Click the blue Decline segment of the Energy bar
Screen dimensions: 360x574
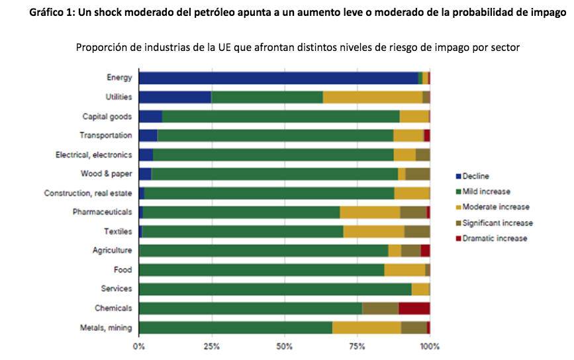278,78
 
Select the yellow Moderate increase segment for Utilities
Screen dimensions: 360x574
372,97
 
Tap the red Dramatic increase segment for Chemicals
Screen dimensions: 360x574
414,308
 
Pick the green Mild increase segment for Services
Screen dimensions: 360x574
275,289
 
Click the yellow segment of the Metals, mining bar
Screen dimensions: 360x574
366,327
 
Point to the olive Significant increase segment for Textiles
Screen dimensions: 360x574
416,232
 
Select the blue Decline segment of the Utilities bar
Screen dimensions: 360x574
175,97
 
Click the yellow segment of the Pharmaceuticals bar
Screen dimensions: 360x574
369,212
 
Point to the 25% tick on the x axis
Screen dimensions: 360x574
212,345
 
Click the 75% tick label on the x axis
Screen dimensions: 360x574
358,345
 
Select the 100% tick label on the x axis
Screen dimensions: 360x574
430,345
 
